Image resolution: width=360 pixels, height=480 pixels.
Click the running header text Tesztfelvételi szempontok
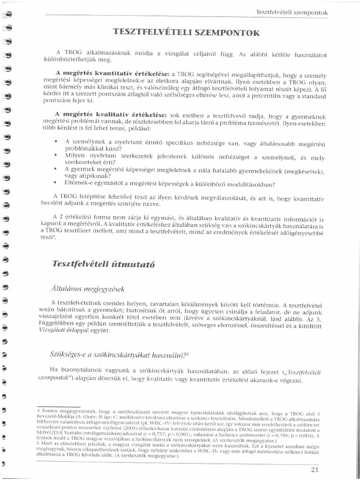[x=296, y=11]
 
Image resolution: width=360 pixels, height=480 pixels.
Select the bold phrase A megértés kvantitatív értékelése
[x=112, y=74]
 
